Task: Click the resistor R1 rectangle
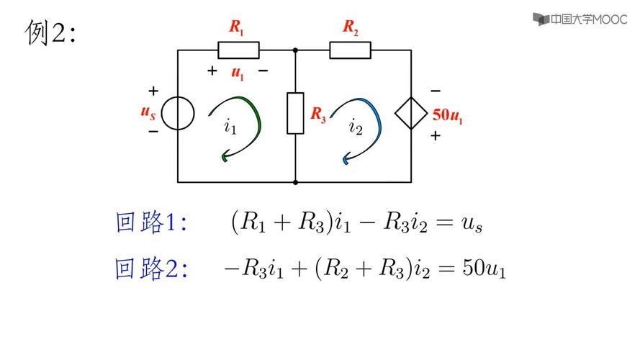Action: point(238,50)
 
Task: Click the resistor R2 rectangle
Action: point(351,50)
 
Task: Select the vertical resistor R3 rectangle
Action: point(295,113)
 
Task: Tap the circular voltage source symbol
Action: point(177,113)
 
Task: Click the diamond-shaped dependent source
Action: point(411,113)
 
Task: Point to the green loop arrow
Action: point(241,126)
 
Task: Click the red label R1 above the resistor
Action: point(237,27)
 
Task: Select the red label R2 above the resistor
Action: point(351,27)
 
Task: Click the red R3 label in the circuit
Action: point(317,114)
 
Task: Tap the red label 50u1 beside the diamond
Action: point(447,114)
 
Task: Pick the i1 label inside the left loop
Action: point(230,127)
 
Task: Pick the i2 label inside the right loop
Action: point(356,127)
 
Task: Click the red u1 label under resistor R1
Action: point(238,72)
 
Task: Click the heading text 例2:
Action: point(50,32)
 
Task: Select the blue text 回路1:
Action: point(151,222)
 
